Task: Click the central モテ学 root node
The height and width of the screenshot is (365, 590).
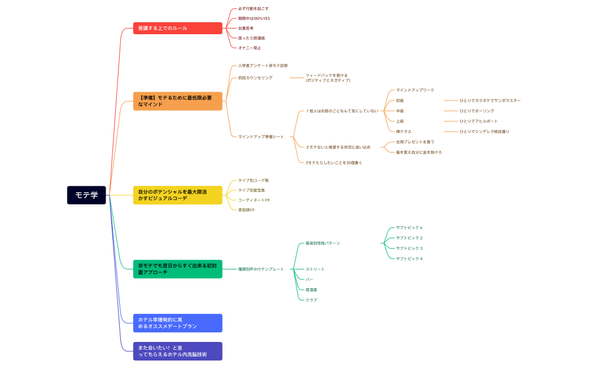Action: [x=87, y=195]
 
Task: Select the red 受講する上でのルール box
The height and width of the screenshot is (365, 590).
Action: [x=178, y=28]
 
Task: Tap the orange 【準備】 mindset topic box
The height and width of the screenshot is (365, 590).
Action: [x=178, y=101]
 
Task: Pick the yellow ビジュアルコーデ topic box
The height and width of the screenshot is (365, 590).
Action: [x=178, y=195]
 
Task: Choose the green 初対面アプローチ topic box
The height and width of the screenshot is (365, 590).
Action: [x=178, y=269]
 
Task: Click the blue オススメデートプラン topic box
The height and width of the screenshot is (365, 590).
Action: [x=178, y=323]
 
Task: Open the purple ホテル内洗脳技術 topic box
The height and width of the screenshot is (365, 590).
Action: [x=178, y=351]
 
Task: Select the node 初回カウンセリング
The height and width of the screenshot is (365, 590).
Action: [x=255, y=78]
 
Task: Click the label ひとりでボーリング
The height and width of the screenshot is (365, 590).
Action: [x=476, y=111]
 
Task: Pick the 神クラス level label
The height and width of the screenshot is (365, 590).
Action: [x=403, y=131]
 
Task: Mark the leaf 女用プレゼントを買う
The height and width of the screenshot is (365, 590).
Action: [x=415, y=142]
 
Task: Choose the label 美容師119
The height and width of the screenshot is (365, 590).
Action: [x=246, y=210]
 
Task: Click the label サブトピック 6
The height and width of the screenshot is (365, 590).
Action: [x=409, y=227]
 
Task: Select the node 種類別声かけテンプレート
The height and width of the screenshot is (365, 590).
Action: [x=261, y=269]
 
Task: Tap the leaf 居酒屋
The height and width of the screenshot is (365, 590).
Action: [x=311, y=290]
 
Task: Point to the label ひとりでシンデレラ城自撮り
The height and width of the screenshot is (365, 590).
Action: [x=484, y=131]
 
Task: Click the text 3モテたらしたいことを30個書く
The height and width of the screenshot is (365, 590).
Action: [x=334, y=163]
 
